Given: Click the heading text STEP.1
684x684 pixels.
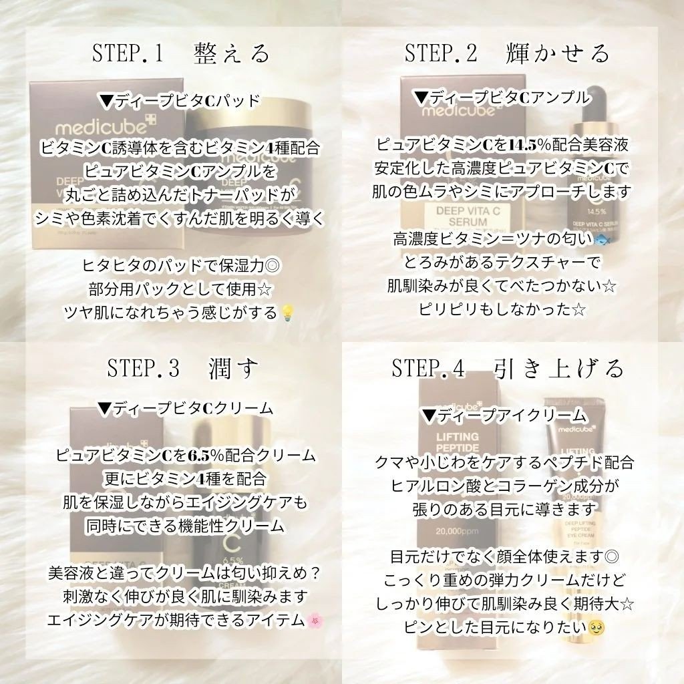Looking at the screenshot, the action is tap(128, 53).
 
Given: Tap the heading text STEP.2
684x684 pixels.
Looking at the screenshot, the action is tap(441, 53).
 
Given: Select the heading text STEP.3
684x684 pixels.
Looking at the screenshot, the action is tap(143, 368).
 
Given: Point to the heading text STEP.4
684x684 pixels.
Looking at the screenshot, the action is tap(428, 369).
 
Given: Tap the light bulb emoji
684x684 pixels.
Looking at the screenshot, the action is tap(287, 313).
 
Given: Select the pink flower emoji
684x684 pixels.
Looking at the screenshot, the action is tap(313, 621).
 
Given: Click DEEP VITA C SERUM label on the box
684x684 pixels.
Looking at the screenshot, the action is tap(468, 216).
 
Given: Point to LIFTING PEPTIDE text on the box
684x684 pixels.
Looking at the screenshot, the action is tap(458, 442).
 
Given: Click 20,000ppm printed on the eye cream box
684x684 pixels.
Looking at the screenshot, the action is tap(457, 531).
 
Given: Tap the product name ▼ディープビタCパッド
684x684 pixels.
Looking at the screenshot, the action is tap(180, 101).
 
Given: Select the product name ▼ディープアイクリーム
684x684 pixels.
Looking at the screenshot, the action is tap(504, 415).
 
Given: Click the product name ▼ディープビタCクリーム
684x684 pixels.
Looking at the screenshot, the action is tap(186, 408).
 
